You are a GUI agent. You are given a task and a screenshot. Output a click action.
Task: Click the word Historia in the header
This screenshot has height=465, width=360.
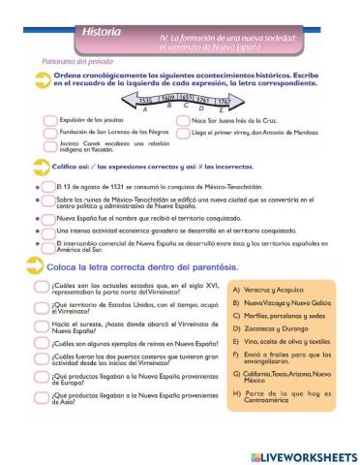click(102, 32)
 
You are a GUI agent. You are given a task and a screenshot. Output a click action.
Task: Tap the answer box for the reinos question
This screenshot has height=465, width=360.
click(40, 342)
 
